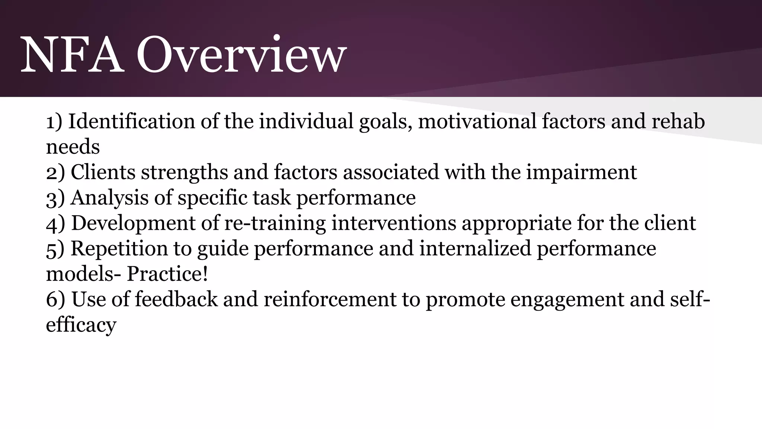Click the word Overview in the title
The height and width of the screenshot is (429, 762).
click(241, 55)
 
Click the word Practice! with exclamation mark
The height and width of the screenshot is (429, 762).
click(167, 274)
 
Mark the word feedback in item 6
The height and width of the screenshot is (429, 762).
click(176, 299)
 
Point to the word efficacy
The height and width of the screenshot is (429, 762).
click(81, 325)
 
